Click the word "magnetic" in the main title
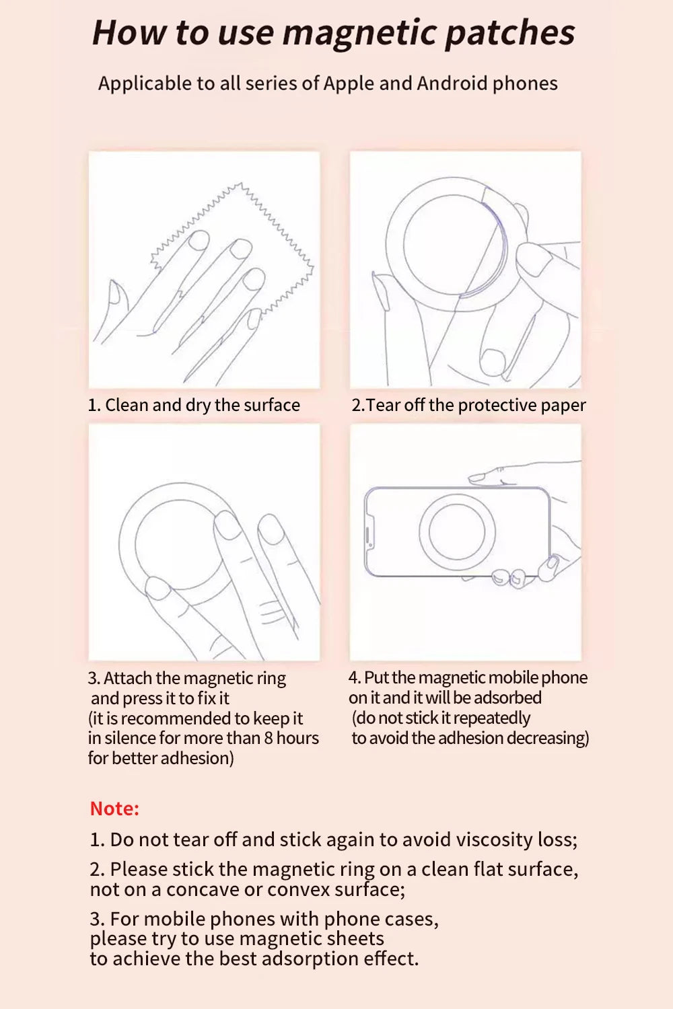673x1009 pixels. pos(359,32)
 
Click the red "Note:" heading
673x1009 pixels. pos(114,808)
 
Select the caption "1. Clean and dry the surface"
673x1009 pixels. pos(194,405)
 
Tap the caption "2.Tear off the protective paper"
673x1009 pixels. pos(468,405)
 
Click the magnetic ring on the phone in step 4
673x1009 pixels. pos(457,531)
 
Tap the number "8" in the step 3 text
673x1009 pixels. pos(269,738)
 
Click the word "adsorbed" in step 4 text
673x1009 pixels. pos(509,698)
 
